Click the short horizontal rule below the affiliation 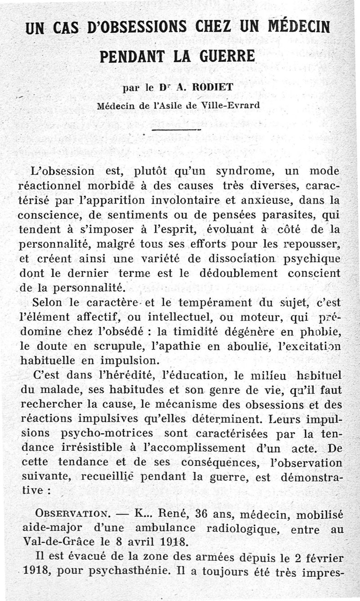176,130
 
